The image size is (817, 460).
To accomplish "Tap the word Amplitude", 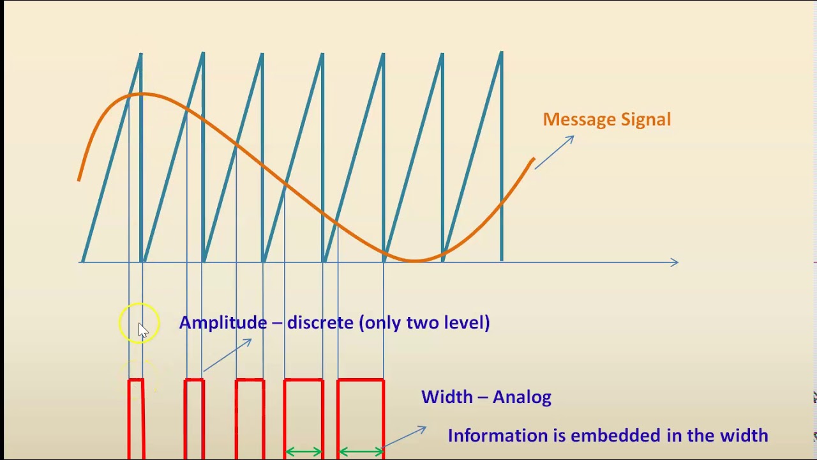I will click(223, 323).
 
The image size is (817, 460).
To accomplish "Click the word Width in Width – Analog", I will click(447, 397).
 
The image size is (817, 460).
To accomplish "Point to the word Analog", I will click(522, 397).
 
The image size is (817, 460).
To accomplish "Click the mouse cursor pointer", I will click(142, 330).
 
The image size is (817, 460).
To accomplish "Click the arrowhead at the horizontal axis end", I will click(674, 262).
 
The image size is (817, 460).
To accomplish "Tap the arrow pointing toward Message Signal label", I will click(554, 153).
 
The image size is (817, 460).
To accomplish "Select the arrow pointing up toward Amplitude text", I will click(228, 355).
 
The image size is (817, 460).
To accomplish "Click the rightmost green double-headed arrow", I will click(361, 452).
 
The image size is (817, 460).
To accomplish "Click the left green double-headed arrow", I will click(304, 452).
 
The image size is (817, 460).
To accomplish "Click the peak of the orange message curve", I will click(142, 95).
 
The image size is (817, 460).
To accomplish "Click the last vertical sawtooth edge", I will click(502, 157).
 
